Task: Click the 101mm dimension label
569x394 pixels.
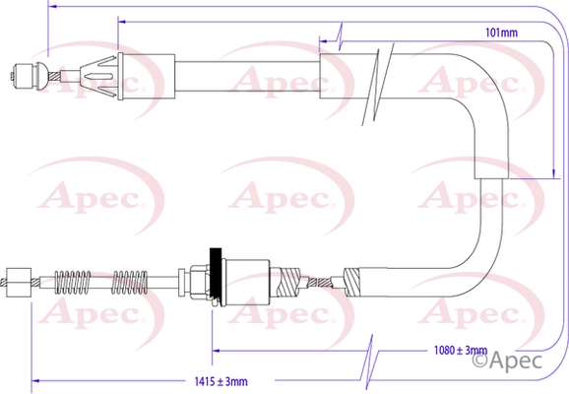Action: point(501,33)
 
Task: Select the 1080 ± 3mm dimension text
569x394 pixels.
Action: point(461,351)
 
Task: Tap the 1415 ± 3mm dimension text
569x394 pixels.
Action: point(221,381)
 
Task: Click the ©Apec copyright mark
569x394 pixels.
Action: point(507,360)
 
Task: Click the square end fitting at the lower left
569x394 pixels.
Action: point(19,283)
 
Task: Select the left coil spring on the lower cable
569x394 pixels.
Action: point(72,282)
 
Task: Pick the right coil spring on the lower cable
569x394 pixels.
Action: point(130,282)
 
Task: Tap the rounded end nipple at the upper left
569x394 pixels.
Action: point(29,76)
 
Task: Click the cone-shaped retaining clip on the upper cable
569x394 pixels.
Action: point(98,77)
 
